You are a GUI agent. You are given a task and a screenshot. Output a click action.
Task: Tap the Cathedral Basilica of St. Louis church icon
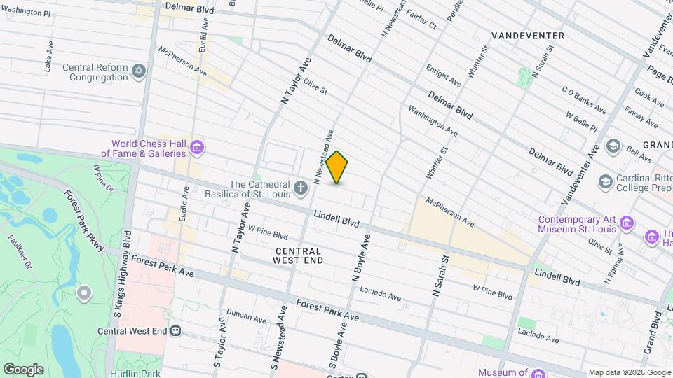(301, 187)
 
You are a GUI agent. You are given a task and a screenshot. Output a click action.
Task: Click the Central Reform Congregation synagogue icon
(140, 72)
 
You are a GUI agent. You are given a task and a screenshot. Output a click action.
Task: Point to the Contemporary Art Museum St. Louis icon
(627, 223)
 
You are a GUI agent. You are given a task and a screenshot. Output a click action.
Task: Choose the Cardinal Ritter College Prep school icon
(604, 182)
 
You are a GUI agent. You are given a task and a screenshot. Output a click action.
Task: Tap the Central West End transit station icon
(175, 331)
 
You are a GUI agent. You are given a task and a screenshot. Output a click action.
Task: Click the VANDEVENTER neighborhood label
(528, 35)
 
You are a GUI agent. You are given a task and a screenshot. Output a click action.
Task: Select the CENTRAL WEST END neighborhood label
(299, 255)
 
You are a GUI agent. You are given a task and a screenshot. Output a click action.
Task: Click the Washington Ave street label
(433, 121)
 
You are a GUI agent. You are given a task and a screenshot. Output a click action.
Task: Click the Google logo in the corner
(23, 369)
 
